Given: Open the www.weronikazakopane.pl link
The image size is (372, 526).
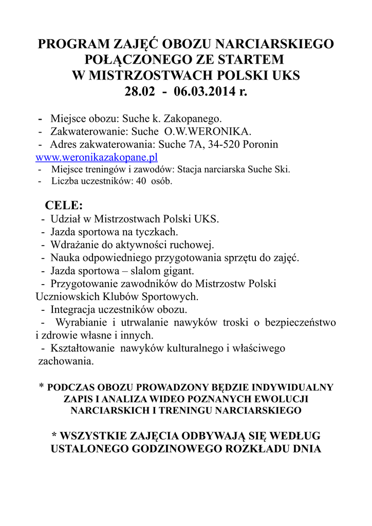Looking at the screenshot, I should [96, 157].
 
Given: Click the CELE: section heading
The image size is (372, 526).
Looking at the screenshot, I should [64, 205].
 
